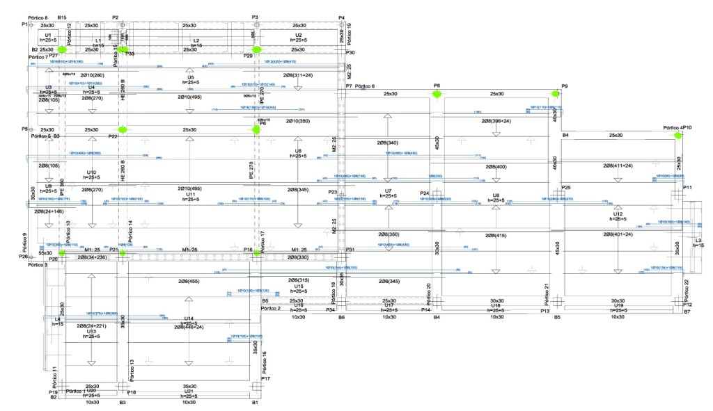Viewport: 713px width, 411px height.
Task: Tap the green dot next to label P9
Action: click(x=556, y=94)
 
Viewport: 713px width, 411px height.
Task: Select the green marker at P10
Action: click(x=677, y=136)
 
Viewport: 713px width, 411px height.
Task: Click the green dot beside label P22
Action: click(x=123, y=130)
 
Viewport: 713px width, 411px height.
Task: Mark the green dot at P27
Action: click(x=63, y=50)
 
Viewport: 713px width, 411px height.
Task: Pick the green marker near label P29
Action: click(x=256, y=50)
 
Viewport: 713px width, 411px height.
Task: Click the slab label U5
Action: click(x=190, y=77)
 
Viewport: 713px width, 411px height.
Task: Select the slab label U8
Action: click(x=496, y=195)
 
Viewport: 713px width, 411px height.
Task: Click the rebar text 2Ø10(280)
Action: click(x=92, y=75)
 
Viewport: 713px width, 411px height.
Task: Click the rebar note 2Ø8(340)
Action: click(x=388, y=143)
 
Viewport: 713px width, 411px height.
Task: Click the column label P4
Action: click(x=341, y=17)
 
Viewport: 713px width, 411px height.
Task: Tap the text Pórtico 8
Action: click(x=38, y=16)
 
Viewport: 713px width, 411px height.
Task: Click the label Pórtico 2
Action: click(x=270, y=307)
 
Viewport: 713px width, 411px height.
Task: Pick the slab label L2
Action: click(x=196, y=41)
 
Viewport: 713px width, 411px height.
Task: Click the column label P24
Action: click(x=425, y=193)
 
